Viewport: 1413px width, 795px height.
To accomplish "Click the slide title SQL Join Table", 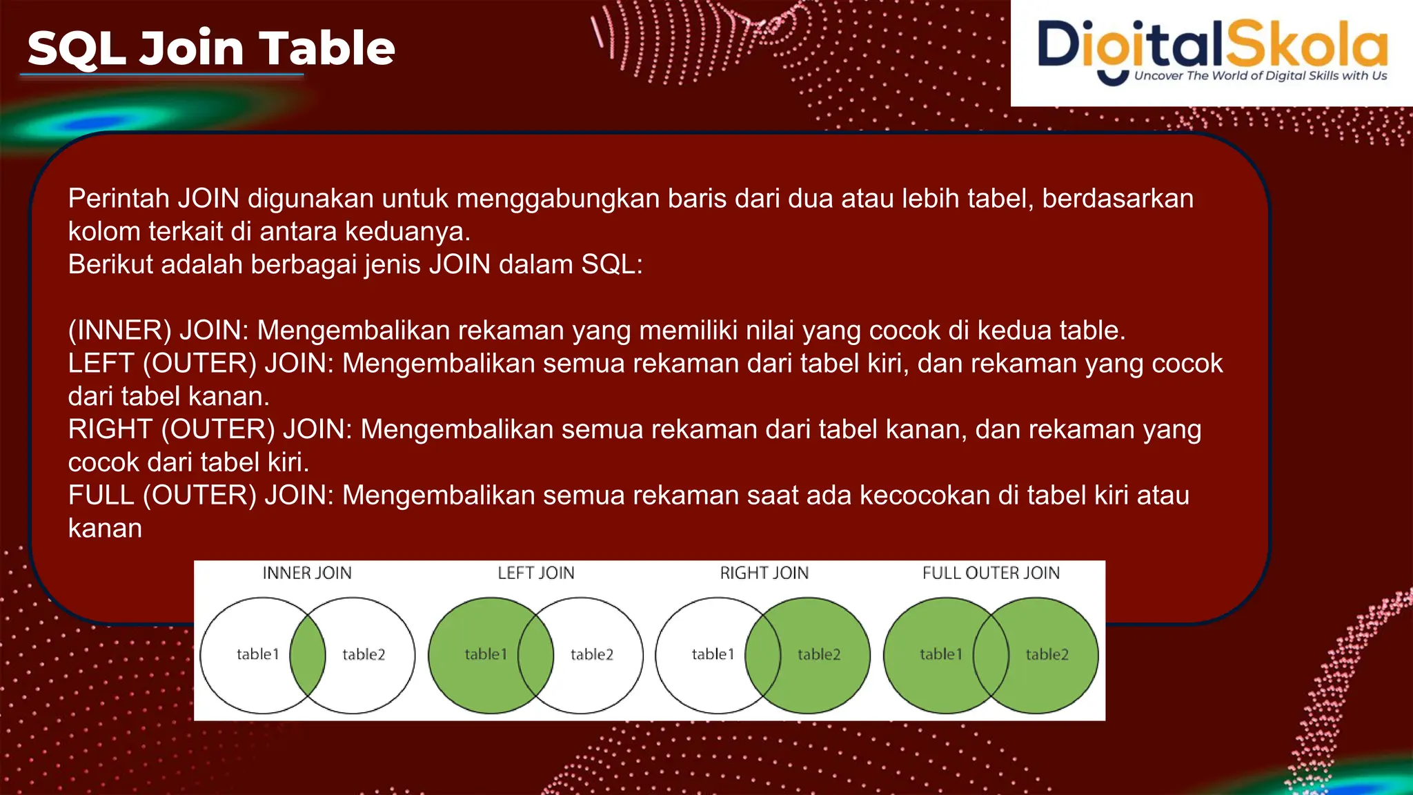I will (x=210, y=48).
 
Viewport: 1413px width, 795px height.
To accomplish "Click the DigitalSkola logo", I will (x=1212, y=45).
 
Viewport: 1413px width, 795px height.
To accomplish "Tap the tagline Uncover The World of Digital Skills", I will (x=1260, y=76).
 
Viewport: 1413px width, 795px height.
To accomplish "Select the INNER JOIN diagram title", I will (x=307, y=573).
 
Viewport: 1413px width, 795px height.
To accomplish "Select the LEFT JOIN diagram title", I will (x=535, y=573).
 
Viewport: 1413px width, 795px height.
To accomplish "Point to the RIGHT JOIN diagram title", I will (x=764, y=573).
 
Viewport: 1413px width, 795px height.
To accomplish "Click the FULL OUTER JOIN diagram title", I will (x=991, y=573).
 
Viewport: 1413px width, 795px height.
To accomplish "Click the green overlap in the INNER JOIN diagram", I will (x=308, y=655).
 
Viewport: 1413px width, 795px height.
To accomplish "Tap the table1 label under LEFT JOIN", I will (x=485, y=654).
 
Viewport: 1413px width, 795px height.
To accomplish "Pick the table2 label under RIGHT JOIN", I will (x=819, y=654).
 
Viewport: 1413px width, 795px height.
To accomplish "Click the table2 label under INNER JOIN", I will (x=364, y=654).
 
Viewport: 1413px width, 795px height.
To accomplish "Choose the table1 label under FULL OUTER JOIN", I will (x=940, y=654).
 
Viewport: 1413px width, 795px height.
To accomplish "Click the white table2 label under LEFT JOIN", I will (x=591, y=654).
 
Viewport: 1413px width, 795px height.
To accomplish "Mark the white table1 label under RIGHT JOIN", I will (x=713, y=654).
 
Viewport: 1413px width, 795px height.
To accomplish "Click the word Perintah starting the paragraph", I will (x=119, y=199).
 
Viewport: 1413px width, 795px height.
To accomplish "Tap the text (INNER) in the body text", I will (x=119, y=331).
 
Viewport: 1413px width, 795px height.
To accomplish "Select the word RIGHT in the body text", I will (x=110, y=429).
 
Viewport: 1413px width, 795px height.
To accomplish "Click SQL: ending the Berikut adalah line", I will (x=611, y=265).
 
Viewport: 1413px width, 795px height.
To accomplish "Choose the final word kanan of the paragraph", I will (x=105, y=529).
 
